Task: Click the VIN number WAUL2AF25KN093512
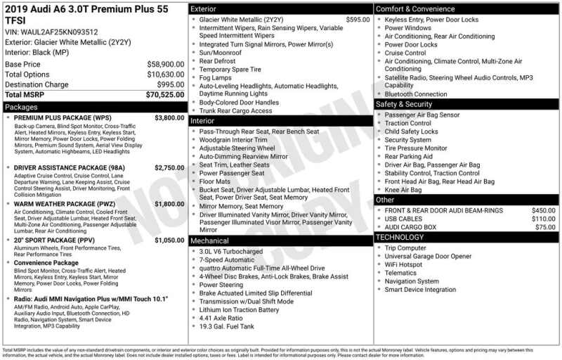[x=59, y=32]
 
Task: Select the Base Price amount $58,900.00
[x=165, y=64]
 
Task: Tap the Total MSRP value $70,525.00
[x=165, y=94]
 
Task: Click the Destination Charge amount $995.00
[x=171, y=84]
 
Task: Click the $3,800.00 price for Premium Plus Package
[x=169, y=118]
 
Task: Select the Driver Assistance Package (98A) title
[x=69, y=168]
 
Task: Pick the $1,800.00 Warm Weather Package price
[x=169, y=204]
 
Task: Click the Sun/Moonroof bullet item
[x=221, y=53]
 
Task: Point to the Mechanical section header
[x=211, y=240]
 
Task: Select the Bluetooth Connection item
[x=415, y=94]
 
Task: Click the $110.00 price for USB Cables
[x=543, y=219]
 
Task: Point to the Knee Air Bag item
[x=403, y=190]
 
